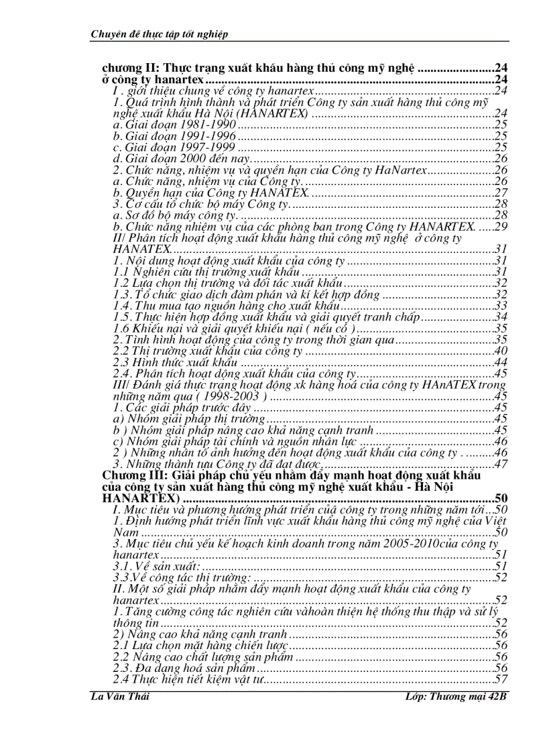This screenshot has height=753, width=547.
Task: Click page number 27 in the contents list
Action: (500, 193)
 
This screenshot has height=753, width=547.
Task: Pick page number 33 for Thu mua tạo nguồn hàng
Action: (500, 306)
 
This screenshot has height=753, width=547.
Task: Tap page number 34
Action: (500, 317)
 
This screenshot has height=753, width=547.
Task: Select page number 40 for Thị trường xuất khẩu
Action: (500, 351)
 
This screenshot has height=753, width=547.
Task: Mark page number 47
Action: (500, 465)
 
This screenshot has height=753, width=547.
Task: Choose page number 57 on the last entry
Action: (500, 679)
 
